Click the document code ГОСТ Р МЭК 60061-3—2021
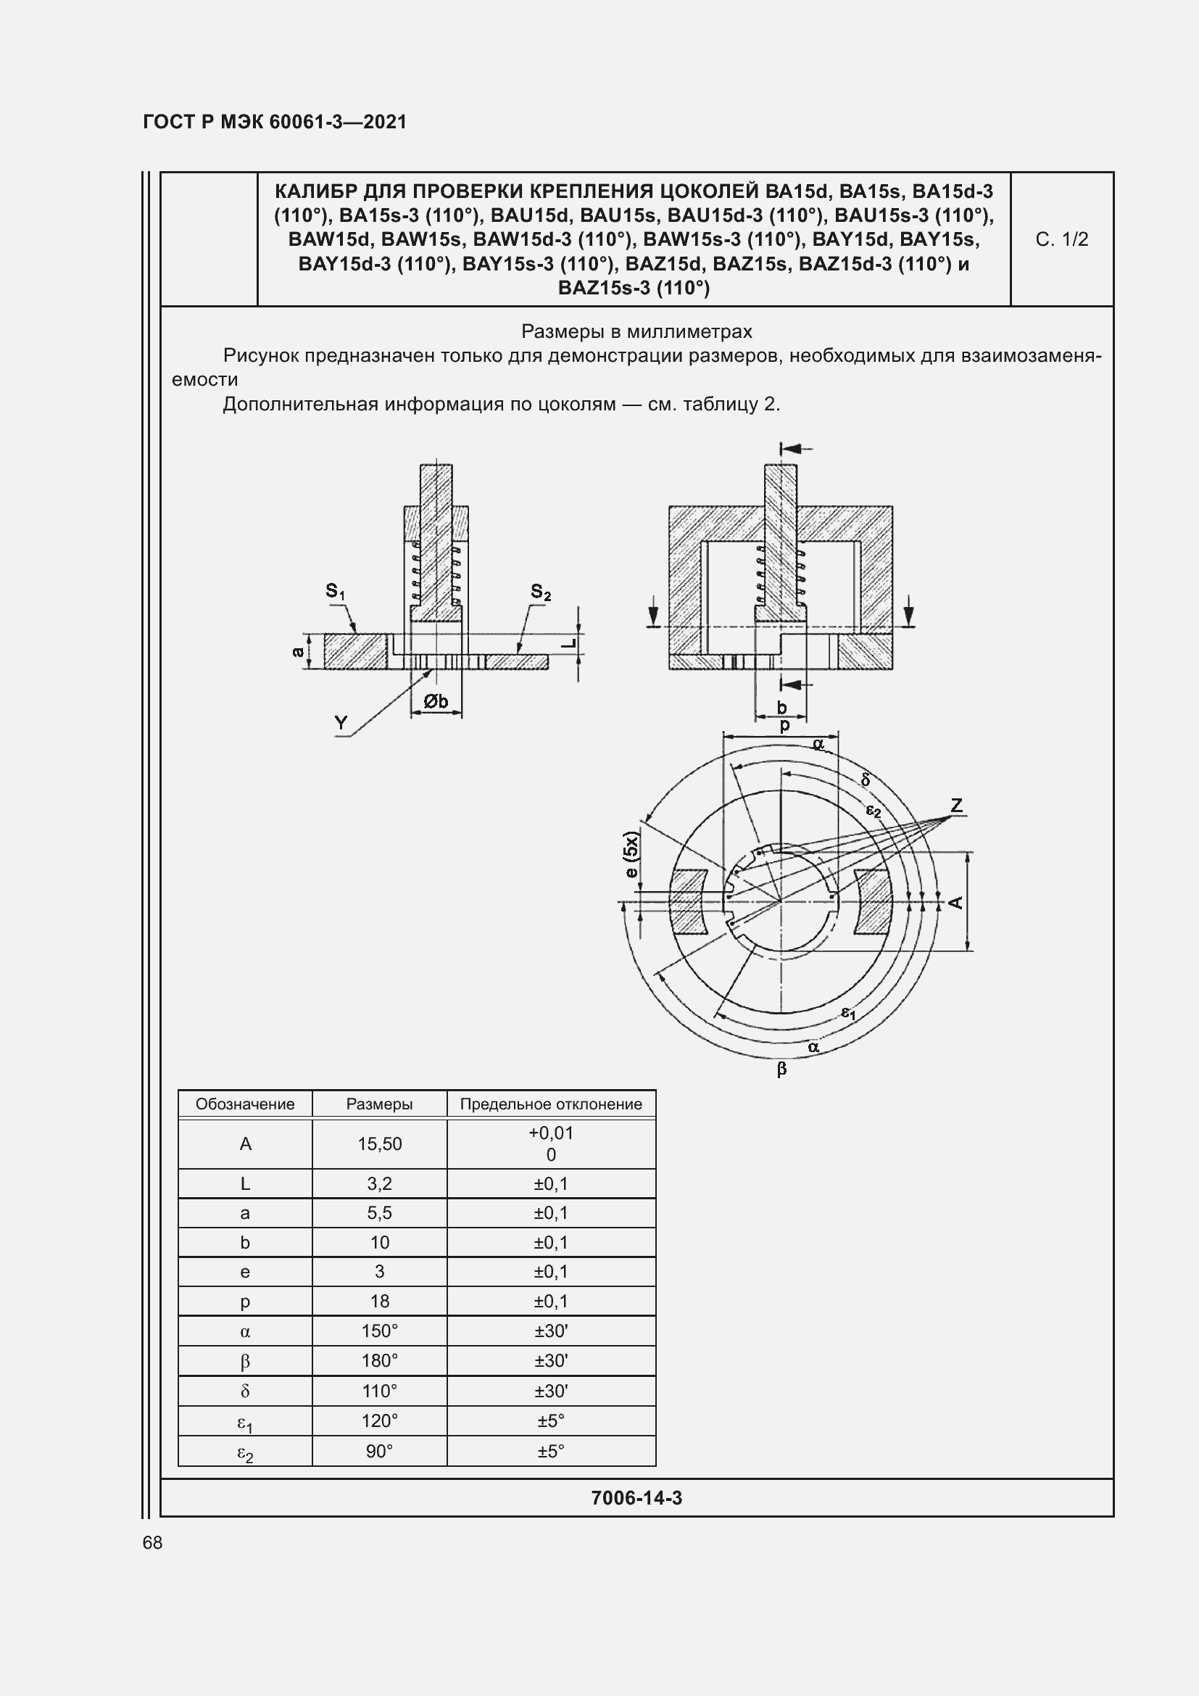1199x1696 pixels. coord(275,122)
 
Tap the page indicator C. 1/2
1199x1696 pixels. coord(1061,239)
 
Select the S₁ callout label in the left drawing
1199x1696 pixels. coord(335,591)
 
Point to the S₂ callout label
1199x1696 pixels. coord(541,592)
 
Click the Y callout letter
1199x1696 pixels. coord(341,722)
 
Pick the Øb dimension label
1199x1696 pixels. coord(436,700)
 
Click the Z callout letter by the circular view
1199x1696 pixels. coord(957,805)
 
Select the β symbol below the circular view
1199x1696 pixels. coord(782,1069)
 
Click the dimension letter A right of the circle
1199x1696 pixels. coord(956,902)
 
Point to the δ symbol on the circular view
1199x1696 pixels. coord(866,780)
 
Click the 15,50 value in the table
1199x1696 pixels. coord(379,1144)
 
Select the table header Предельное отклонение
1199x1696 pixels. coord(551,1104)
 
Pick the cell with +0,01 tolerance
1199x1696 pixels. coord(551,1133)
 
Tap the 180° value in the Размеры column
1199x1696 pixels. coord(379,1360)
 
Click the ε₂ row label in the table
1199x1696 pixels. coord(245,1453)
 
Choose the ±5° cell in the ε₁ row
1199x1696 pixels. coord(551,1420)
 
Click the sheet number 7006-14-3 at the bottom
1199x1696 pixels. coord(636,1498)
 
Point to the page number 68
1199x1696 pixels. coord(152,1543)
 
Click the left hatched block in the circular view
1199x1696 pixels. coord(687,902)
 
